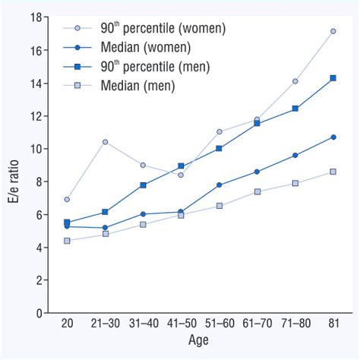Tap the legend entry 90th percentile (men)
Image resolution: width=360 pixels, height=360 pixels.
[152, 67]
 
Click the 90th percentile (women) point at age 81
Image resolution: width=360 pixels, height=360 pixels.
[333, 31]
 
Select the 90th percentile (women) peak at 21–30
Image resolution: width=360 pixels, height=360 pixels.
[105, 142]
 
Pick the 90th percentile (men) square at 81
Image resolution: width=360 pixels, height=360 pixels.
[333, 77]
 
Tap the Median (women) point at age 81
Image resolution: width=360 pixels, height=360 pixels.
[333, 137]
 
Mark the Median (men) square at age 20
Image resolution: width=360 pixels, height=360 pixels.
[67, 241]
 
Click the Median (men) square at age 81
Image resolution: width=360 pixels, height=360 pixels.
[333, 172]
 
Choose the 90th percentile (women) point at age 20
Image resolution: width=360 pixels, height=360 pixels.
[67, 199]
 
